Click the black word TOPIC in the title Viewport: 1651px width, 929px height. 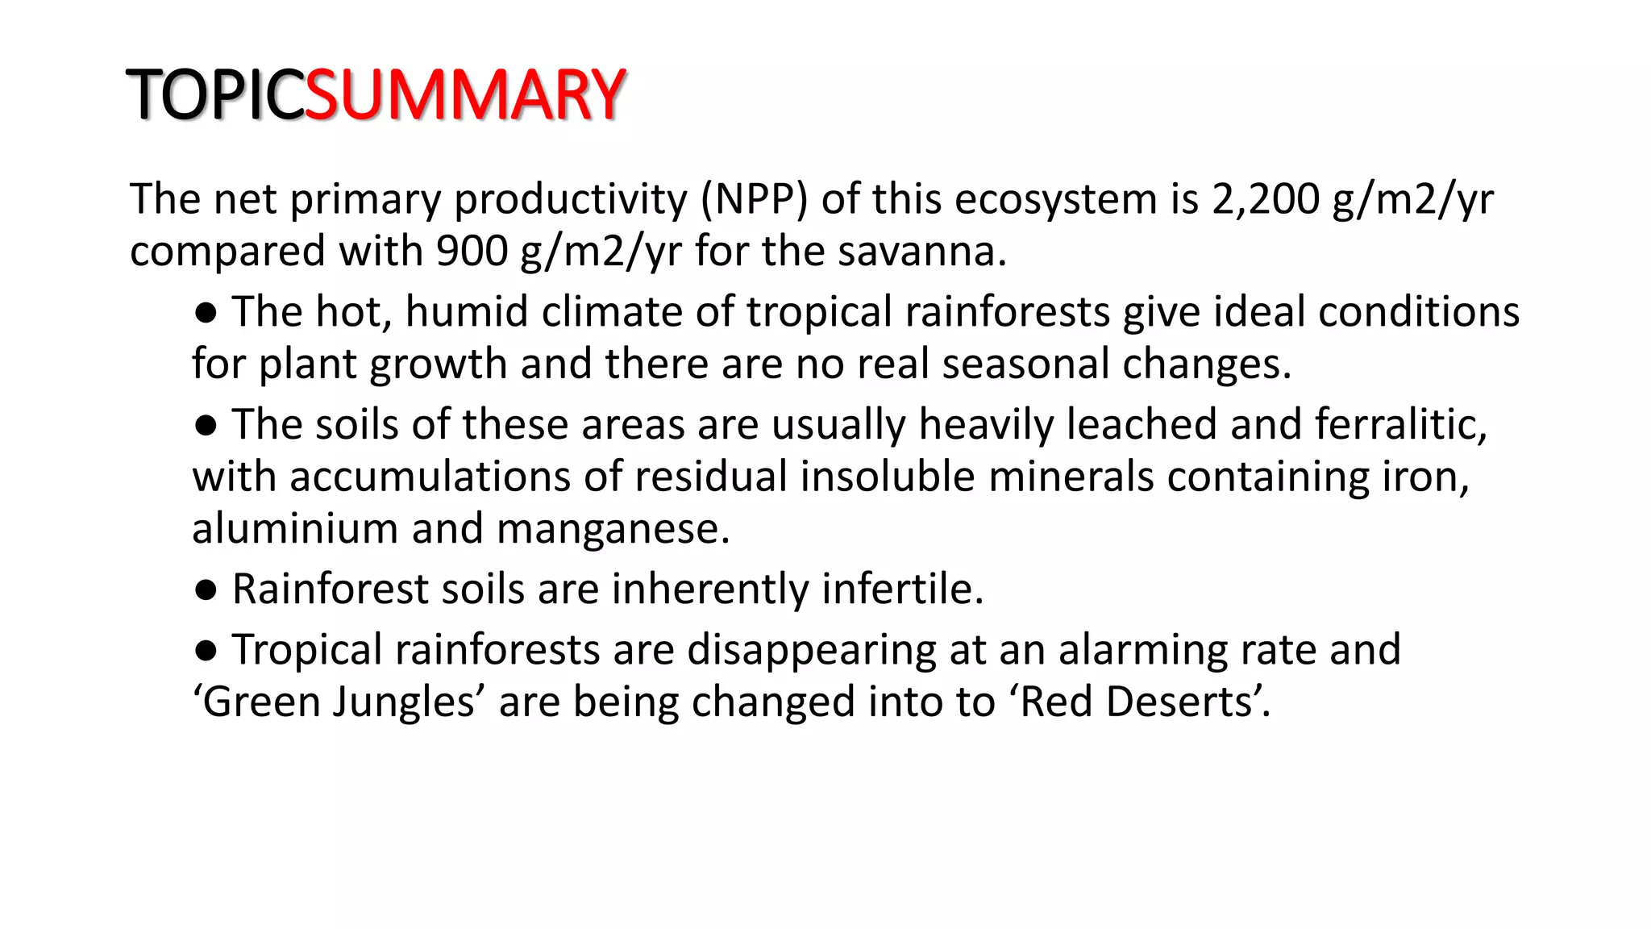click(215, 95)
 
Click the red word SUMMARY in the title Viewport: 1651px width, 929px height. click(465, 95)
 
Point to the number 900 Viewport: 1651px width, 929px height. click(472, 252)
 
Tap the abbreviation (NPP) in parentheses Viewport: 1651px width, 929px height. click(754, 199)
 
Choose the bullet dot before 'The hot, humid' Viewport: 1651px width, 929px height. click(206, 313)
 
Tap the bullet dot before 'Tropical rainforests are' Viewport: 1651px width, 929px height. click(206, 651)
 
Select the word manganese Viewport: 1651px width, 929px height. click(613, 529)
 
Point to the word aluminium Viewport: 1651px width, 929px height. click(295, 529)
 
